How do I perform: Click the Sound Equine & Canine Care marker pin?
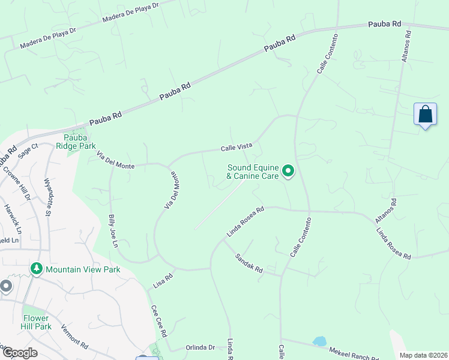(x=288, y=172)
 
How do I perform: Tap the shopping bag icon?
(x=425, y=114)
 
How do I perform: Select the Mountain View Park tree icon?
(x=37, y=269)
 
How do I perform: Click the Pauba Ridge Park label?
(x=76, y=141)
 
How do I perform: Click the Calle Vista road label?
(x=237, y=147)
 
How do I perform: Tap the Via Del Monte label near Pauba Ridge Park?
(x=115, y=161)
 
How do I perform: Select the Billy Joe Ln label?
(x=112, y=230)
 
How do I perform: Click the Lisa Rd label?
(x=163, y=280)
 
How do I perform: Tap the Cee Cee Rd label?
(x=159, y=321)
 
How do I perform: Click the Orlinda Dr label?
(x=200, y=347)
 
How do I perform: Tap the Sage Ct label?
(x=28, y=150)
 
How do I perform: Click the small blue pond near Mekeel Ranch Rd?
(x=319, y=341)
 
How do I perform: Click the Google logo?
(x=19, y=352)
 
